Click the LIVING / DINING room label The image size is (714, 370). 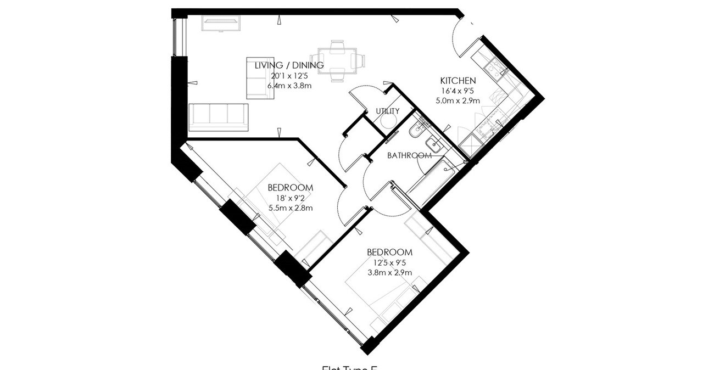(x=289, y=65)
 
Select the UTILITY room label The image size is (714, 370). (x=387, y=111)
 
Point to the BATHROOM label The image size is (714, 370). (x=409, y=155)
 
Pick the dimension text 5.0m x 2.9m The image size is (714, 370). (x=458, y=100)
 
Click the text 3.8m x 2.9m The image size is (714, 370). (x=389, y=272)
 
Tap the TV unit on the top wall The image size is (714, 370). (x=220, y=23)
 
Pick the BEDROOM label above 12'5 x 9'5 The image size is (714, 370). (x=389, y=252)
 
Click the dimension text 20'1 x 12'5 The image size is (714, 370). (x=289, y=75)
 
